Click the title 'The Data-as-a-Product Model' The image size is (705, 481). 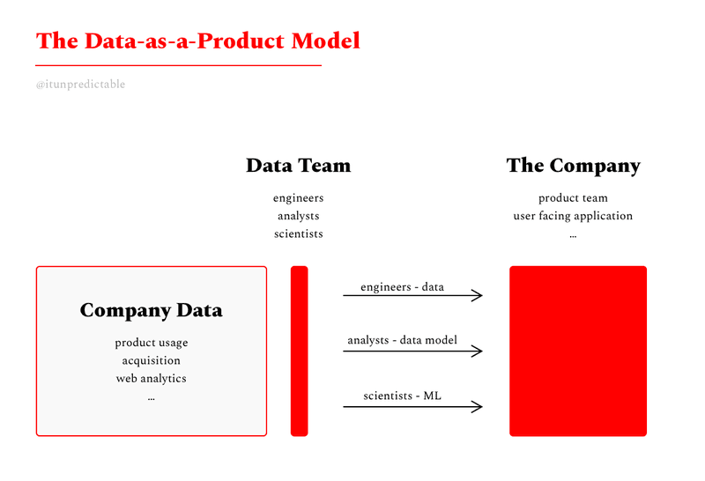197,41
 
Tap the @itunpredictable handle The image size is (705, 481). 80,84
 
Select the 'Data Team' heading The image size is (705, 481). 299,166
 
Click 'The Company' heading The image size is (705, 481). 574,166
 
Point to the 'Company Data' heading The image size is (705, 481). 151,310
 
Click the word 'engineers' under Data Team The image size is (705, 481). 299,198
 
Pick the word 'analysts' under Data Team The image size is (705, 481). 299,216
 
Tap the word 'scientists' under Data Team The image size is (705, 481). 299,233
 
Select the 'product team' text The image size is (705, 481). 574,198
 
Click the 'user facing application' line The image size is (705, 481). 574,216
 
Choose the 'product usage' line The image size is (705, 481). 151,343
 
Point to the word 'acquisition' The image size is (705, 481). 151,360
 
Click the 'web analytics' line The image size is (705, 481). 151,379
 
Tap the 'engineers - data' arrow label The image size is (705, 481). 403,287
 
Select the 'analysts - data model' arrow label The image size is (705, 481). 403,340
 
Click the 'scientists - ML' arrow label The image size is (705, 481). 403,396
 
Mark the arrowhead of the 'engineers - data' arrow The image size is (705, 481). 482,295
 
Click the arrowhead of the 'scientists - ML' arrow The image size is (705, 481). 482,407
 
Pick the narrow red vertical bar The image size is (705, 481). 300,351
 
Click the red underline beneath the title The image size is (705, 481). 179,66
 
